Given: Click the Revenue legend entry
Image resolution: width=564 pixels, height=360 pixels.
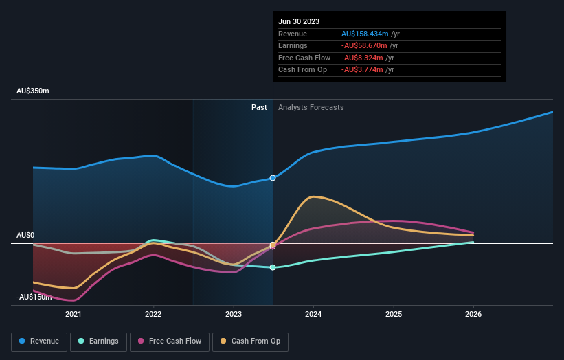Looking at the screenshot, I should point(40,341).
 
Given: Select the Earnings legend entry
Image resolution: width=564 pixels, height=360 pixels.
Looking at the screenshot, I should point(98,341).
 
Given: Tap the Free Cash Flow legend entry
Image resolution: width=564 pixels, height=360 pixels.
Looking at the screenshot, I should point(170,341).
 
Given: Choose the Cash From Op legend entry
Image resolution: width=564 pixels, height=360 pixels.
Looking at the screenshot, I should point(251,341).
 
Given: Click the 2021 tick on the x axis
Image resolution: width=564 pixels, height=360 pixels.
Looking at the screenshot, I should point(74,314).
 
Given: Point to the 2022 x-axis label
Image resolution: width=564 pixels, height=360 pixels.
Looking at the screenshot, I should point(153,314).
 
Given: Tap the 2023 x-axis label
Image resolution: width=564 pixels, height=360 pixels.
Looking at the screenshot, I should point(234,314).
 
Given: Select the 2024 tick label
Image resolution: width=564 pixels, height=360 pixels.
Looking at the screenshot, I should point(313,314).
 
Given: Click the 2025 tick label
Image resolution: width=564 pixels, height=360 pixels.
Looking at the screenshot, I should point(394,314).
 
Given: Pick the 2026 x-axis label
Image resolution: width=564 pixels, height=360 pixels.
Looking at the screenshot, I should point(473,314).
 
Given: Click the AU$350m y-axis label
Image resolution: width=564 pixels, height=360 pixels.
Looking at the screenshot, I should point(33,91).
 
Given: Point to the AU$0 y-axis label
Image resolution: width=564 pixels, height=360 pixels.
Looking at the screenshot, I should point(25,235).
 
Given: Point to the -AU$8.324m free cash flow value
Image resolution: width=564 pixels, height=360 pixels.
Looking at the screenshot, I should point(362,58).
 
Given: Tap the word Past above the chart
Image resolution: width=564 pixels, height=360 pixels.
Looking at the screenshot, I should point(259,107).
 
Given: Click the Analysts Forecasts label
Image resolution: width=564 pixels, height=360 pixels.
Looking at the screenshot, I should point(311,107).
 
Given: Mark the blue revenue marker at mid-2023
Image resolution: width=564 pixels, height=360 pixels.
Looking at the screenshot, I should point(273,178).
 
